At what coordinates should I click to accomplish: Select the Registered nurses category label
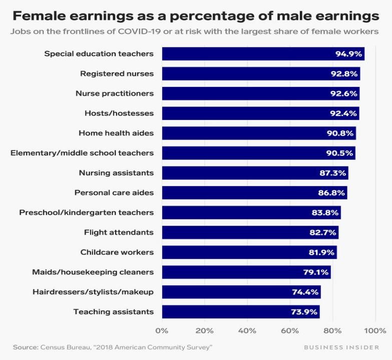[117, 73]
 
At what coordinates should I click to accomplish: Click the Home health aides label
[116, 133]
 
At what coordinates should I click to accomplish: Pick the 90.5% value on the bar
[340, 153]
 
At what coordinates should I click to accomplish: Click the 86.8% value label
[332, 192]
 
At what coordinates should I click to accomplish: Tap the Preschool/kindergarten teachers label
[86, 212]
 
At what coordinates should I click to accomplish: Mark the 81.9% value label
[321, 252]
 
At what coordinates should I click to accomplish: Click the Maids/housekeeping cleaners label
[93, 272]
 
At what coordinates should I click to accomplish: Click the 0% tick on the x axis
[162, 330]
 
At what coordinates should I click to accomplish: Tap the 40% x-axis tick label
[247, 330]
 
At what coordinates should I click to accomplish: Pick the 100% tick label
[375, 330]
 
